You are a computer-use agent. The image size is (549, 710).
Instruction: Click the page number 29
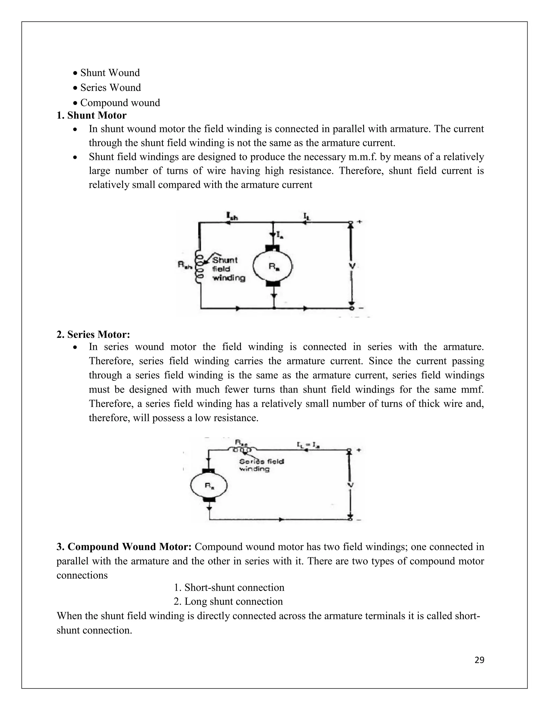[479, 660]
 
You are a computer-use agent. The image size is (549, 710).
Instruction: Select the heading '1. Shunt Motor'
[91, 115]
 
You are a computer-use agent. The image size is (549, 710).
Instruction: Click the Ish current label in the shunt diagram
[232, 216]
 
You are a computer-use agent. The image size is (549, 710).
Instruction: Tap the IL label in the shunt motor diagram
[307, 216]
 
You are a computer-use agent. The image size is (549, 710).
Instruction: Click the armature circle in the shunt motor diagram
[273, 266]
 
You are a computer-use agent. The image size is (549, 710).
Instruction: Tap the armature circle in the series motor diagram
[209, 486]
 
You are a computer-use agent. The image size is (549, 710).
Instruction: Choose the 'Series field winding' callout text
[261, 465]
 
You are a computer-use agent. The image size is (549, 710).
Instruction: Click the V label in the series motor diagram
[351, 485]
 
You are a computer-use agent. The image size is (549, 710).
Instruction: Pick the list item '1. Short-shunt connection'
[229, 588]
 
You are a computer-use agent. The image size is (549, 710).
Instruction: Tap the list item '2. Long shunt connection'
[228, 601]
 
